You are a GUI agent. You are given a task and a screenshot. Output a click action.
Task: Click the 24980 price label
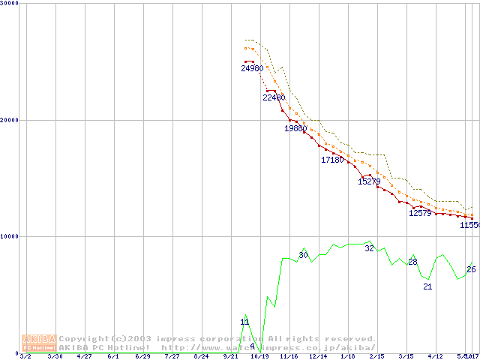pos(252,68)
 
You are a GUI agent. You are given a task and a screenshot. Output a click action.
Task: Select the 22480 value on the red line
pos(274,97)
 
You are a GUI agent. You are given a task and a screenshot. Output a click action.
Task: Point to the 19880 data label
pos(295,128)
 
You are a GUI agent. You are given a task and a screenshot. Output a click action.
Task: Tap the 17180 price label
pos(332,160)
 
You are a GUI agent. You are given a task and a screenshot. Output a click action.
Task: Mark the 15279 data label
pos(369,181)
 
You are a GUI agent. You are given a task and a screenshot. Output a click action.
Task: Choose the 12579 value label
pos(420,213)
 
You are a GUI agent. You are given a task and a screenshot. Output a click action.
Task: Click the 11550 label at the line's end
pos(469,225)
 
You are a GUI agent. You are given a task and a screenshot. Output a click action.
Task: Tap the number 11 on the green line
pos(244,322)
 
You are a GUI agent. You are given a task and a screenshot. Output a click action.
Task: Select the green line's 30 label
pos(303,256)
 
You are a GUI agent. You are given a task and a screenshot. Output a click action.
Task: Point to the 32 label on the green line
pos(369,248)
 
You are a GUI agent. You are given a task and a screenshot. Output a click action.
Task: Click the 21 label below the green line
pos(427,286)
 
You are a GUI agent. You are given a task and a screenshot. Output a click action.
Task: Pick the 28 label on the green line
pos(412,262)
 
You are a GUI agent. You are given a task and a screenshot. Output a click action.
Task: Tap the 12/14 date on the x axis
pos(318,356)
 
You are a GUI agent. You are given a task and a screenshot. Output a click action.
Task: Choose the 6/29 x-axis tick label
pos(142,356)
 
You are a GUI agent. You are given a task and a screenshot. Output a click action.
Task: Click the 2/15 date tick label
pos(376,356)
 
